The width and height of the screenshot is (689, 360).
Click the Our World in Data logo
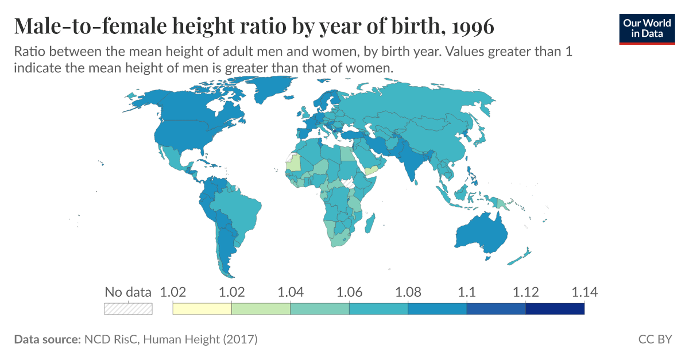(x=647, y=28)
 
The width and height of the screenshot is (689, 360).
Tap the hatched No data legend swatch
(x=128, y=309)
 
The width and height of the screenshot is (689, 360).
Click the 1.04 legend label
(x=290, y=292)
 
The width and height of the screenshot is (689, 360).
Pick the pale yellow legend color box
(x=202, y=309)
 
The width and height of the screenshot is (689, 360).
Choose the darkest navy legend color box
(x=555, y=309)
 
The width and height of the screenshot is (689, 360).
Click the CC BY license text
(x=655, y=339)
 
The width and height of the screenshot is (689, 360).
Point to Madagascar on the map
(x=370, y=222)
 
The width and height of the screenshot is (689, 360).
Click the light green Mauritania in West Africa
(x=293, y=163)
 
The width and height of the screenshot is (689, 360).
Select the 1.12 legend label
(x=525, y=292)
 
